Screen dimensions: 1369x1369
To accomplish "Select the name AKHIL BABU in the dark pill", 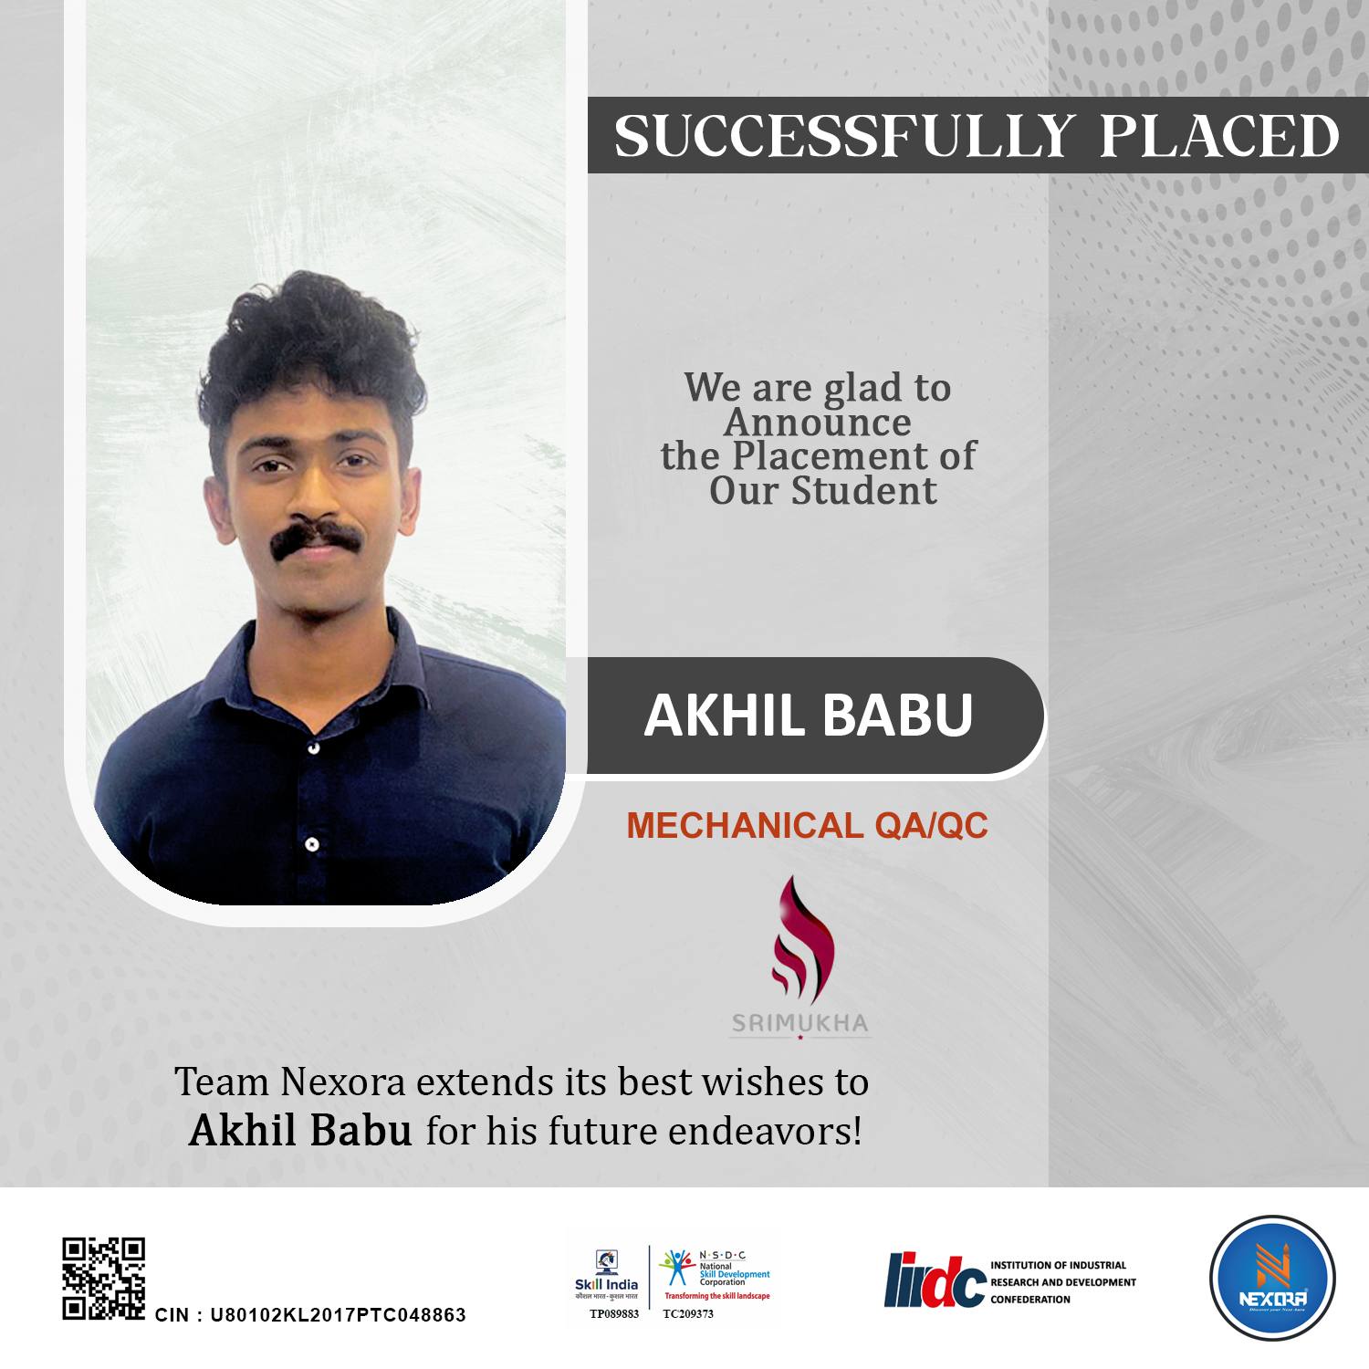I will (808, 716).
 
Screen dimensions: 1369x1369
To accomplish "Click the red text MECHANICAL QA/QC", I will (807, 826).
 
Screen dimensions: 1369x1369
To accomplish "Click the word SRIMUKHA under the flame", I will (799, 1023).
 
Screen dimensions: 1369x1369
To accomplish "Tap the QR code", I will (103, 1278).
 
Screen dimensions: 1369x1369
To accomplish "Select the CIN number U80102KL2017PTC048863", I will (338, 1315).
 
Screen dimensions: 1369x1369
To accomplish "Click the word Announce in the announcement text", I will (817, 422).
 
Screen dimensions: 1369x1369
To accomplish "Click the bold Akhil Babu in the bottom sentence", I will (300, 1132).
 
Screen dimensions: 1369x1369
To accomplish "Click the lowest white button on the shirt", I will (311, 843).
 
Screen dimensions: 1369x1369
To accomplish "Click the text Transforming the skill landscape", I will (716, 1296).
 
